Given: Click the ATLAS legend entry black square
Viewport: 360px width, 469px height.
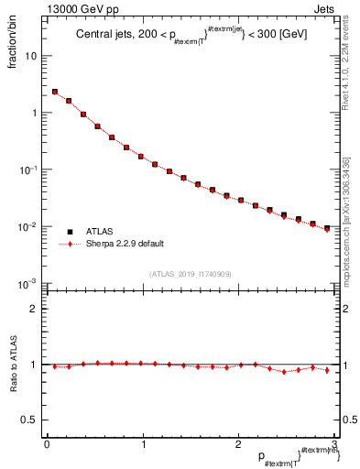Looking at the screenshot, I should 70,232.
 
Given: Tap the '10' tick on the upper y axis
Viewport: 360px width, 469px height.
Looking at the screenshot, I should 31,56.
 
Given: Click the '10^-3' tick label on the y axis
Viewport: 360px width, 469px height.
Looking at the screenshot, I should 28,284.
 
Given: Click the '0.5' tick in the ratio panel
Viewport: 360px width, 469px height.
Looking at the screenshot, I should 30,420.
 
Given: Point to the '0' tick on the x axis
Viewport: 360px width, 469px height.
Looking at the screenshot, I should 47,444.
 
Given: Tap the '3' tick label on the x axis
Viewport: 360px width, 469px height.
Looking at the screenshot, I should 335,444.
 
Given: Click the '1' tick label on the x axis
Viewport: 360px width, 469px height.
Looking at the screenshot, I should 143,444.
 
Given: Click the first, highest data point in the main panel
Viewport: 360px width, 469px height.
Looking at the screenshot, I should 54,92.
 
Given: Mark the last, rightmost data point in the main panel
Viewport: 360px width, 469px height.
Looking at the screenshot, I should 327,228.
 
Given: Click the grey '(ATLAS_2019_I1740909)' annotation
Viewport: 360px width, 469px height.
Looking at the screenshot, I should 190,274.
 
